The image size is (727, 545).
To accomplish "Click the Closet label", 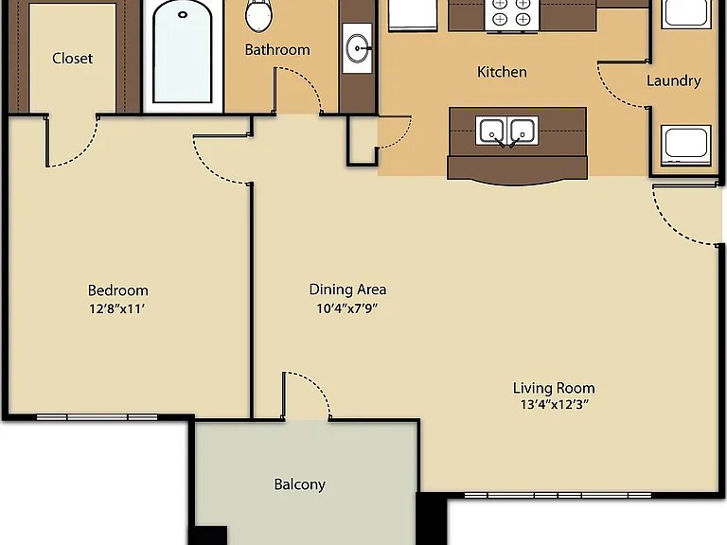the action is [72, 59].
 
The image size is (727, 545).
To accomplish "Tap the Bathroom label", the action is [277, 49].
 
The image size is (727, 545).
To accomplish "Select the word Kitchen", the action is [502, 72].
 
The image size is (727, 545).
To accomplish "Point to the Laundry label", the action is [674, 81].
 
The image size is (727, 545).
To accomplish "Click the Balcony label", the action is [299, 484].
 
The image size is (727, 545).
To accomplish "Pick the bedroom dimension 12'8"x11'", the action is [117, 308].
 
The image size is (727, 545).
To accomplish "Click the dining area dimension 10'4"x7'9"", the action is [346, 308].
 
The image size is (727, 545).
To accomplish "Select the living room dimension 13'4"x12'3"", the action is [554, 405].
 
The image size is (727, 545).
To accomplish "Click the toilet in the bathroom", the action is [258, 15].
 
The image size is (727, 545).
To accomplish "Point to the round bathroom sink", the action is [358, 47].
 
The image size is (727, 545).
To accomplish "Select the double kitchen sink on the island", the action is [507, 132].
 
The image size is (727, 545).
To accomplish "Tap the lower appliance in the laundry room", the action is [685, 145].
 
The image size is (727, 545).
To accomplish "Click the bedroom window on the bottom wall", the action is [97, 417].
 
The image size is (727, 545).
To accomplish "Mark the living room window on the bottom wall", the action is [558, 496].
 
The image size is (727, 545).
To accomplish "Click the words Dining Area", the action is [347, 290].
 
